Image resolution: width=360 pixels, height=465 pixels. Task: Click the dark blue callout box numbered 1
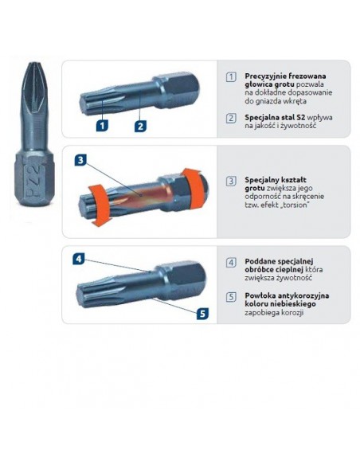[102, 125]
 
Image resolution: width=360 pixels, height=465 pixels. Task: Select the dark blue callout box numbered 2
[139, 125]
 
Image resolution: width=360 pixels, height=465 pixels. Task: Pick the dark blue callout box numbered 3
[81, 160]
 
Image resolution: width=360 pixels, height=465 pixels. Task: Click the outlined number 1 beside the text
[231, 76]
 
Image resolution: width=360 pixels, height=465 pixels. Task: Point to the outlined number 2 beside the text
[231, 118]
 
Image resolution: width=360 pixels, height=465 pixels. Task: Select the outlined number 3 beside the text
[231, 181]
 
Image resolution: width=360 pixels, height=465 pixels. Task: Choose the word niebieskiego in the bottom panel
[290, 304]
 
